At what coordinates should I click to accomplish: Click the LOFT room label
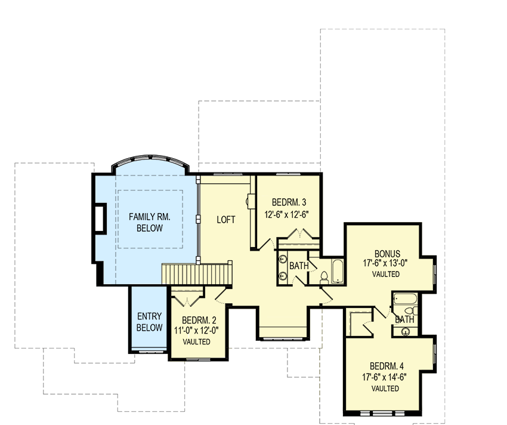click(x=225, y=220)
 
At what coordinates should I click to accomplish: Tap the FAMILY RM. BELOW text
click(x=150, y=223)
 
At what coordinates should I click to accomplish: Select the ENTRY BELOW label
click(x=149, y=322)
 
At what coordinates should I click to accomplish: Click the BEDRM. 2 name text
click(x=196, y=319)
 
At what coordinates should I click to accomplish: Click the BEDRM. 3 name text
click(x=289, y=201)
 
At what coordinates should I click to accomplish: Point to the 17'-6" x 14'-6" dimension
click(x=385, y=377)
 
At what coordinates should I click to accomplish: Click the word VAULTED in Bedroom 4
click(x=385, y=389)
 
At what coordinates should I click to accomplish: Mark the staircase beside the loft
click(x=196, y=274)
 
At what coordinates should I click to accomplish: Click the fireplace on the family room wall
click(x=99, y=220)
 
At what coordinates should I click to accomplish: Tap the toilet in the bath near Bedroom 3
click(x=324, y=277)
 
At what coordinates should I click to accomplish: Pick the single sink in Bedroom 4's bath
click(x=406, y=332)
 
